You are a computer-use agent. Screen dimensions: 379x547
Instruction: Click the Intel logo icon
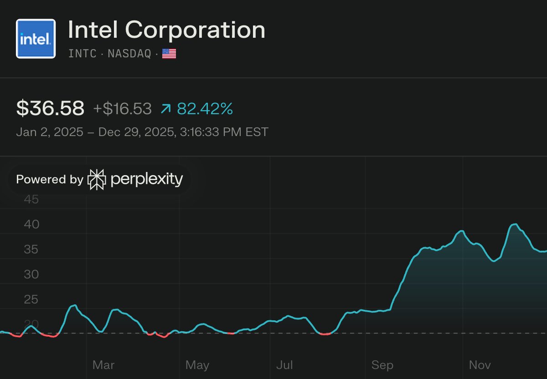[36, 39]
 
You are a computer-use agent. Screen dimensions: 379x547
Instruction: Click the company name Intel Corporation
[166, 30]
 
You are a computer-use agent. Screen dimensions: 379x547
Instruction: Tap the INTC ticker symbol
[82, 54]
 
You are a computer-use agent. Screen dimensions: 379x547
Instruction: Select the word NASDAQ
[129, 54]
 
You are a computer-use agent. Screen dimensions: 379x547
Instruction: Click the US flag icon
[169, 54]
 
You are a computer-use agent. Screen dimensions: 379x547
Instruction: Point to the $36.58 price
[50, 109]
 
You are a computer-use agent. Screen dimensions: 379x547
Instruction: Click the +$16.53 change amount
[122, 109]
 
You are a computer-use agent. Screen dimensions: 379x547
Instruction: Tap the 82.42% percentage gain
[205, 109]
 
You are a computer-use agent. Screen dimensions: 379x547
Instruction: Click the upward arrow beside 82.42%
[166, 109]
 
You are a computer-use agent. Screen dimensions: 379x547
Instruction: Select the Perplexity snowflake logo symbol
[97, 179]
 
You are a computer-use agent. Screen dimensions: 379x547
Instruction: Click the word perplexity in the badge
[146, 179]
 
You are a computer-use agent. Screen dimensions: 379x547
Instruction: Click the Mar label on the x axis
[103, 364]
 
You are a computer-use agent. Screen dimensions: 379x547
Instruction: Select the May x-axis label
[197, 364]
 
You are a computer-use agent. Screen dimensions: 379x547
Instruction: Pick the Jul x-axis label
[285, 364]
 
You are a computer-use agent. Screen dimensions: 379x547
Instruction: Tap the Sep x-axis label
[382, 364]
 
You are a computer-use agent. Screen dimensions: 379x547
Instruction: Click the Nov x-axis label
[480, 364]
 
